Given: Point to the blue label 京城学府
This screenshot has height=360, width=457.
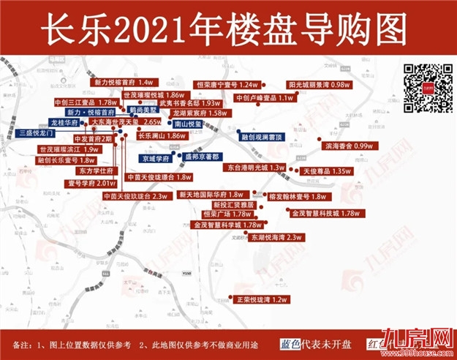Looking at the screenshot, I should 156,157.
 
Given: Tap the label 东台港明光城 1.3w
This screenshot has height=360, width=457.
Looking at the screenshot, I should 255,168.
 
